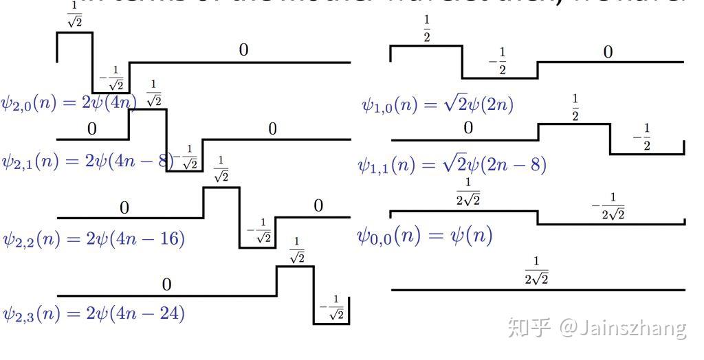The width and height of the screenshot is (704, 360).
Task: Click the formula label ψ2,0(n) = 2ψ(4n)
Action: point(69,104)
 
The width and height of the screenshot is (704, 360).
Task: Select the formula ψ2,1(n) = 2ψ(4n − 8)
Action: point(86,161)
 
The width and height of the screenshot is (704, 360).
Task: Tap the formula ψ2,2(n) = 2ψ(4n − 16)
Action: point(93,239)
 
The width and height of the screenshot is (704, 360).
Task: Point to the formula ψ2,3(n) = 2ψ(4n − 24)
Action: point(93,313)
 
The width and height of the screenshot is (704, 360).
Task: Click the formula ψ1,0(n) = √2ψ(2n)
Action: point(438,104)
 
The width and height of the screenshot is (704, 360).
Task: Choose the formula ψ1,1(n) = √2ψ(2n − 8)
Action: point(452,165)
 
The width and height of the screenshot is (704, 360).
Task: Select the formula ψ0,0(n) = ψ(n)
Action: point(424,236)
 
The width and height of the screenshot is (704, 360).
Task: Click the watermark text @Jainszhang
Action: point(622,328)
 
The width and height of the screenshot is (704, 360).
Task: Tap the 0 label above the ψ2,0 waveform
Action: point(243,50)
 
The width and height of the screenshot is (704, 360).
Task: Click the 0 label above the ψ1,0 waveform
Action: point(608,52)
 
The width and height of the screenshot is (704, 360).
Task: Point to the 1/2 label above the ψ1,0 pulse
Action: point(427,32)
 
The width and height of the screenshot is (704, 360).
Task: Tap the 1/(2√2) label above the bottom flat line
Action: point(536,270)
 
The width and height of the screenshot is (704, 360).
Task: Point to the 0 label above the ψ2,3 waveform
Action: point(166,284)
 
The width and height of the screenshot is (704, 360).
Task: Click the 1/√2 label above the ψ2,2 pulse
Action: point(221,169)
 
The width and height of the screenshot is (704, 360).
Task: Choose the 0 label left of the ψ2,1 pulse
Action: point(92,128)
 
